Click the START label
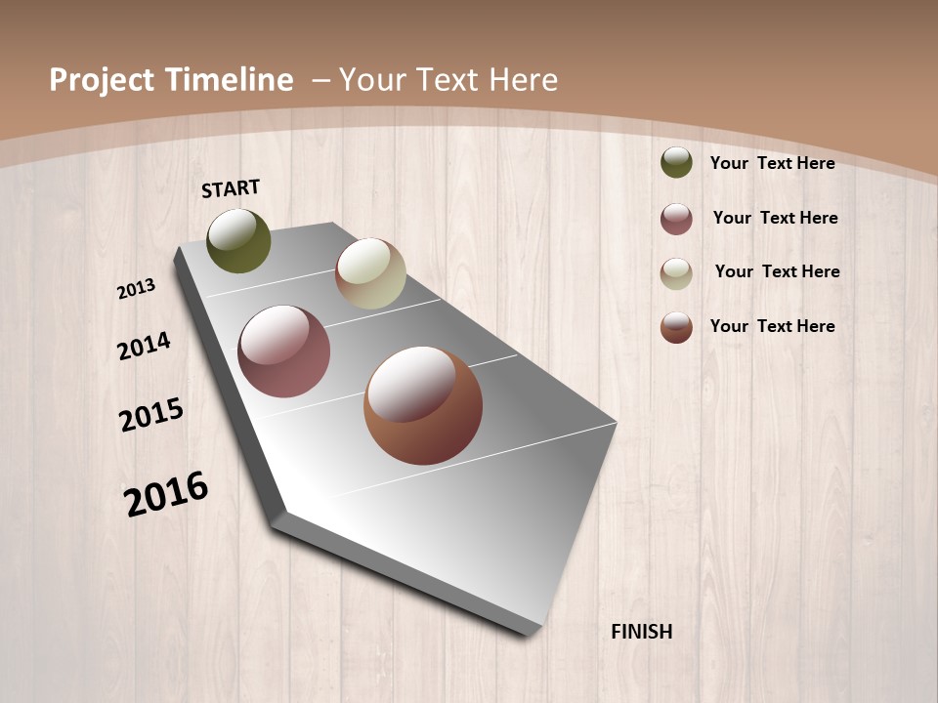[x=231, y=188]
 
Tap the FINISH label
[x=642, y=632]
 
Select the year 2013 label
[x=136, y=289]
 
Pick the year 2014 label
[x=144, y=346]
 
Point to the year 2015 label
[x=151, y=414]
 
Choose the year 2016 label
[x=166, y=494]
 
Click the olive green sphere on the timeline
[x=239, y=241]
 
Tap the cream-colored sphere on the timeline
[x=370, y=273]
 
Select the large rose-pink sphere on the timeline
[x=284, y=351]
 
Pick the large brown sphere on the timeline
[x=423, y=405]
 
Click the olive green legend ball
[x=676, y=163]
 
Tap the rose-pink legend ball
[x=676, y=219]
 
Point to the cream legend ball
[x=676, y=272]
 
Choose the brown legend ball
[x=676, y=327]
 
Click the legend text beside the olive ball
[x=772, y=164]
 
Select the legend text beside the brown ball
[x=772, y=326]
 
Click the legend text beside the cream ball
[x=777, y=271]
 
